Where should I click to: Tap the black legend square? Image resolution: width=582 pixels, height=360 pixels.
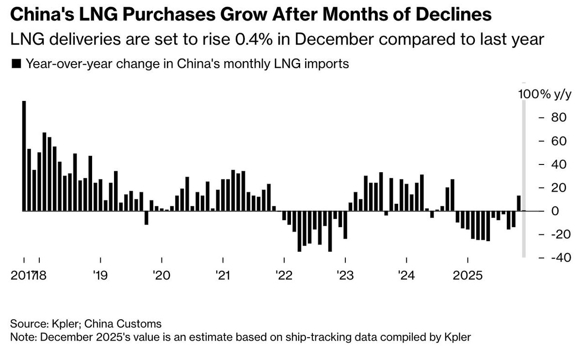[16, 64]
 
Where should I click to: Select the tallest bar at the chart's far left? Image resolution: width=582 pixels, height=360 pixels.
[24, 155]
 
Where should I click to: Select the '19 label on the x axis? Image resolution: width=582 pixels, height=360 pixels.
[100, 276]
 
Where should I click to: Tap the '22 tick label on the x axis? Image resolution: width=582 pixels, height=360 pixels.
[283, 276]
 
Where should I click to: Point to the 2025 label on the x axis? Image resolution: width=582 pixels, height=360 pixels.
[467, 276]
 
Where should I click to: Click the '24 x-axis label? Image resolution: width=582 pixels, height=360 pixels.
[406, 276]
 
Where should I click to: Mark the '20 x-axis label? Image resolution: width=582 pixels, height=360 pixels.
[161, 276]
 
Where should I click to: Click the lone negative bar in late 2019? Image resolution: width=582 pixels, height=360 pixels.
[146, 218]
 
